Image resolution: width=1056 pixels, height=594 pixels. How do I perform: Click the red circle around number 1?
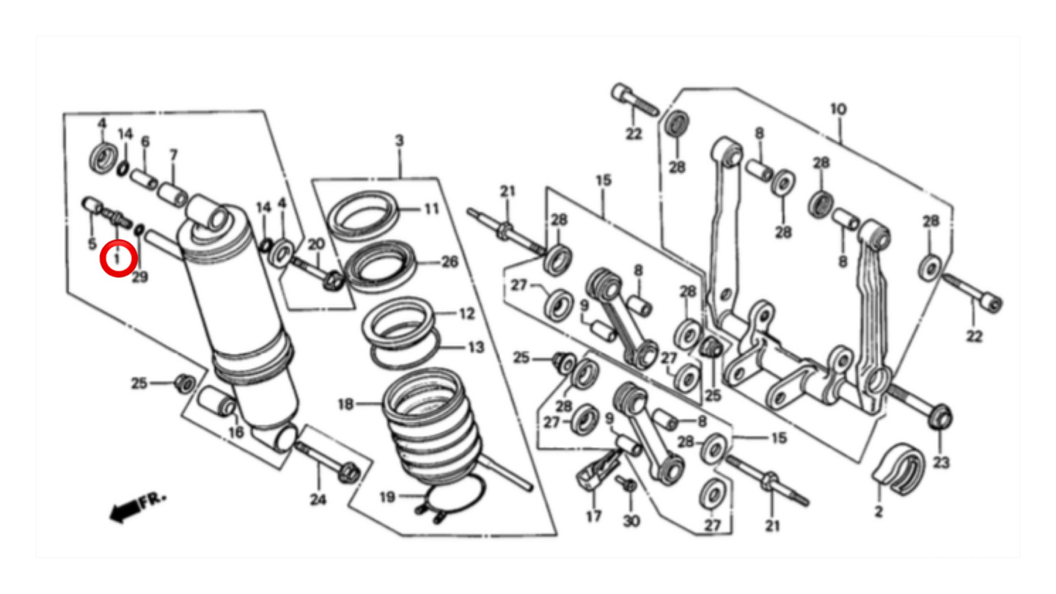pyautogui.click(x=118, y=241)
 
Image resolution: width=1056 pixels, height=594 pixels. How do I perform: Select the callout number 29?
pyautogui.click(x=140, y=276)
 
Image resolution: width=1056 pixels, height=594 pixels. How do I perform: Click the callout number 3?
pyautogui.click(x=399, y=141)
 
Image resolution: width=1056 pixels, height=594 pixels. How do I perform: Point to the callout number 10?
pyautogui.click(x=838, y=109)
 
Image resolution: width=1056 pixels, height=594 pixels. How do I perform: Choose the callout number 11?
pyautogui.click(x=432, y=208)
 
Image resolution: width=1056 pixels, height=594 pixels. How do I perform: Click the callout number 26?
pyautogui.click(x=450, y=262)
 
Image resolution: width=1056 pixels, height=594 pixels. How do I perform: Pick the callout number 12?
pyautogui.click(x=466, y=314)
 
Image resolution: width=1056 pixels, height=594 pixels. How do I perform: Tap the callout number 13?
pyautogui.click(x=476, y=348)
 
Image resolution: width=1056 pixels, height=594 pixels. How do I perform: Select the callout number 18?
pyautogui.click(x=345, y=404)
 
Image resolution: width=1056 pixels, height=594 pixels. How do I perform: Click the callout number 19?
pyautogui.click(x=387, y=497)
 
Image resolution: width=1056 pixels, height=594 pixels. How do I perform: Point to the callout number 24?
pyautogui.click(x=318, y=499)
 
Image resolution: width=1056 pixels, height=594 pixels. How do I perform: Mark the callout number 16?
pyautogui.click(x=236, y=432)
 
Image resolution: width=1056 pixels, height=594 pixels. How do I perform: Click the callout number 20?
pyautogui.click(x=316, y=244)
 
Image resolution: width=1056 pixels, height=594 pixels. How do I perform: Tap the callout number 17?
pyautogui.click(x=593, y=517)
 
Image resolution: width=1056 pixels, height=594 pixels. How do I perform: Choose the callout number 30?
pyautogui.click(x=631, y=521)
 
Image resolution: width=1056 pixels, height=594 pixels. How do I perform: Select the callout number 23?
pyautogui.click(x=941, y=463)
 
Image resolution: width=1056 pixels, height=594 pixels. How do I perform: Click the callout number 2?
pyautogui.click(x=879, y=511)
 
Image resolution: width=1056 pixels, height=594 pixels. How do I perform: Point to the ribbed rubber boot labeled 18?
pyautogui.click(x=431, y=427)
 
